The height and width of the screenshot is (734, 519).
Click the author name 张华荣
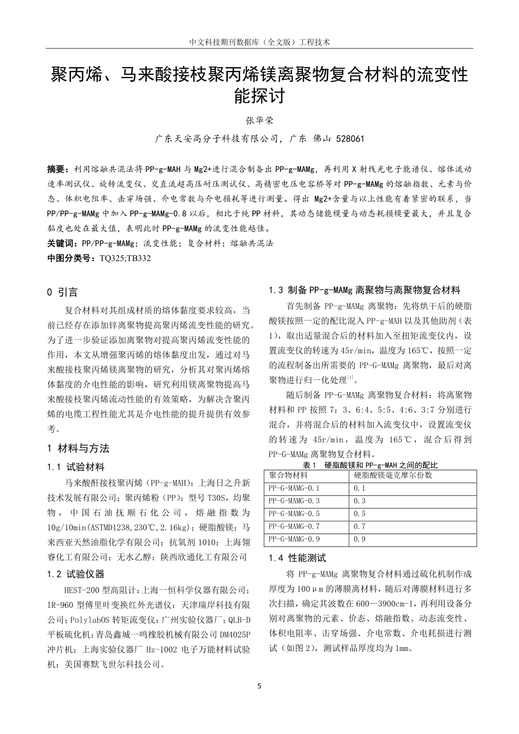point(259,120)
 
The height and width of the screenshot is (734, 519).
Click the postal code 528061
point(346,139)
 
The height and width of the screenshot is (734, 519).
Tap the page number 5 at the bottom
point(259,685)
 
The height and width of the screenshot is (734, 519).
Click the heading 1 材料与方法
point(79,448)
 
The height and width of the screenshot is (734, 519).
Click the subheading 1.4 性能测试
point(297,558)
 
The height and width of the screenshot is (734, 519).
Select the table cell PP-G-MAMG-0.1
point(294,488)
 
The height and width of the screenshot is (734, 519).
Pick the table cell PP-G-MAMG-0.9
point(294,539)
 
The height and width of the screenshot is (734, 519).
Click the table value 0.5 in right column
point(359,513)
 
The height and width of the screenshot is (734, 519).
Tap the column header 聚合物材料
point(288,475)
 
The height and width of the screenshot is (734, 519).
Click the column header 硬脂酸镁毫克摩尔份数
point(392,475)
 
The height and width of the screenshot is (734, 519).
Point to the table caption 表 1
point(310,465)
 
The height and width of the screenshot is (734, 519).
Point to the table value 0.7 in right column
point(359,526)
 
